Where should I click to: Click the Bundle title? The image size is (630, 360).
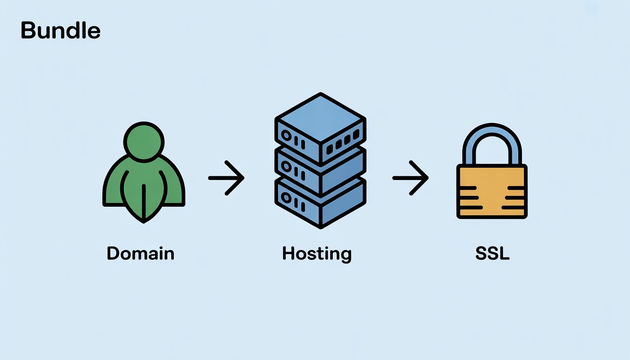tap(60, 31)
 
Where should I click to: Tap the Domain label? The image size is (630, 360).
tap(141, 254)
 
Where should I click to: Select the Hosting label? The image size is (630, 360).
tap(317, 254)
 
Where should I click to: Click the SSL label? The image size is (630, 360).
tap(492, 254)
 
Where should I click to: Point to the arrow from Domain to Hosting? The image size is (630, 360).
tap(226, 178)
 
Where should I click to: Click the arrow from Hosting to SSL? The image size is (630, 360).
tap(411, 178)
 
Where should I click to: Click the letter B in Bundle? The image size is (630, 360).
tap(28, 31)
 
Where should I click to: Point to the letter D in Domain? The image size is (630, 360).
tap(112, 254)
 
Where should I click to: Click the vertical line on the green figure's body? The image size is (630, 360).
tap(143, 202)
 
